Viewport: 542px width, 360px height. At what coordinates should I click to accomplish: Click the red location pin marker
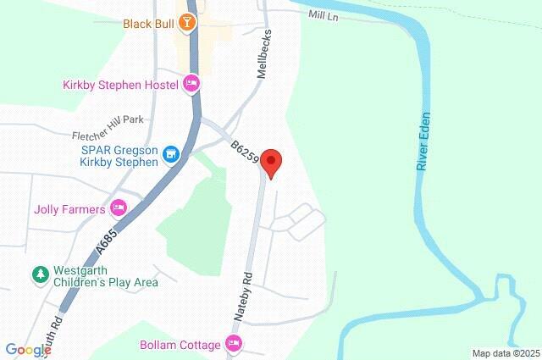pyautogui.click(x=271, y=161)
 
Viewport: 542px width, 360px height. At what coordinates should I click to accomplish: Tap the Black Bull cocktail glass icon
pyautogui.click(x=186, y=24)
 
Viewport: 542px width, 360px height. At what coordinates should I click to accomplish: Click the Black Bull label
pyautogui.click(x=148, y=24)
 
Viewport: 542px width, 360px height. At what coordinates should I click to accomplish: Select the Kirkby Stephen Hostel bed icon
pyautogui.click(x=191, y=84)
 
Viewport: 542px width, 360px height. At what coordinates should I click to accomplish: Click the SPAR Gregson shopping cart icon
pyautogui.click(x=172, y=154)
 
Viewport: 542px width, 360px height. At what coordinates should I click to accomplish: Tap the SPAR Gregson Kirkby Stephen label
pyautogui.click(x=120, y=154)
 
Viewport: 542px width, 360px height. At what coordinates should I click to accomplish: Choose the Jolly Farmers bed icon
pyautogui.click(x=119, y=208)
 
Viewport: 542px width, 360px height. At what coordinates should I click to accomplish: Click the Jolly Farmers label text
pyautogui.click(x=69, y=208)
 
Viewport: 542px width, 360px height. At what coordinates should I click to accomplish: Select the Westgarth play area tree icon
pyautogui.click(x=39, y=275)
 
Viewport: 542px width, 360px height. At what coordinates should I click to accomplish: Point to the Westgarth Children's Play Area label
pyautogui.click(x=105, y=276)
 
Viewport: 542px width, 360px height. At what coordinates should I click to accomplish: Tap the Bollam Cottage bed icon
pyautogui.click(x=234, y=344)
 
